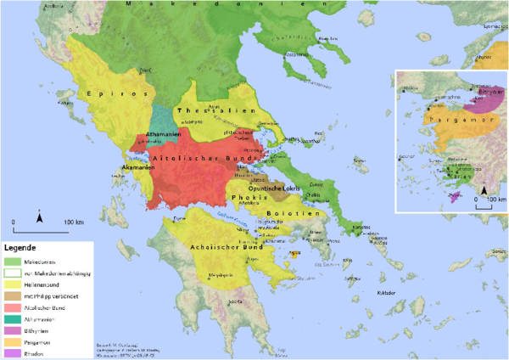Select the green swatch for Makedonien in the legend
15,261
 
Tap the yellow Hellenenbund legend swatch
15,286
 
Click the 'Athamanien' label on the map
162,135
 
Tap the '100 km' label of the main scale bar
75,222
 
